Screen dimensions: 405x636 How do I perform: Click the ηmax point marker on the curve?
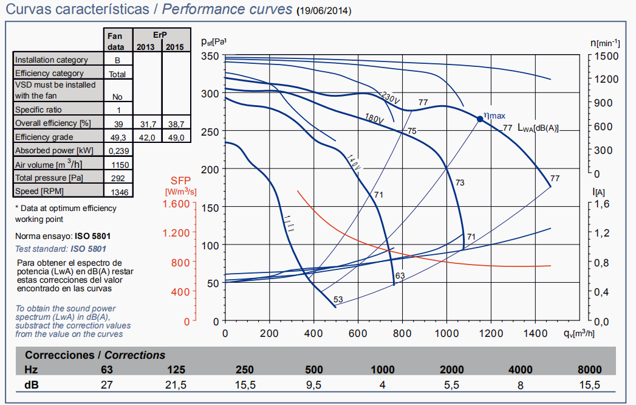tap(480, 119)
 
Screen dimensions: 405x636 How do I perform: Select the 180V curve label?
tap(374, 119)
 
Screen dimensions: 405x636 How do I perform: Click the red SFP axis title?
tap(180, 185)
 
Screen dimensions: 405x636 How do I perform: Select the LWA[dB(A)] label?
tap(538, 128)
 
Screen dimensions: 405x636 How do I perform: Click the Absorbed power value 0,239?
tap(117, 150)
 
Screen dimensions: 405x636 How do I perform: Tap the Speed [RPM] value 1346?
tap(117, 192)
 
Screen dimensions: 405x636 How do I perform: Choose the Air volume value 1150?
tap(117, 164)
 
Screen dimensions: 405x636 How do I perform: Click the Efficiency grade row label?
tap(44, 137)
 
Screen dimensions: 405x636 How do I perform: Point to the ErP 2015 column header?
tap(175, 47)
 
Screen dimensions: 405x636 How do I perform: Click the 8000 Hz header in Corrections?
tap(589, 370)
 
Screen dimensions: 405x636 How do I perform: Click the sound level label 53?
tap(338, 299)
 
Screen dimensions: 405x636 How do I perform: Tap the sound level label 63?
tap(400, 276)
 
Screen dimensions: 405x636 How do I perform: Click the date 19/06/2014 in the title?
tap(324, 12)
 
